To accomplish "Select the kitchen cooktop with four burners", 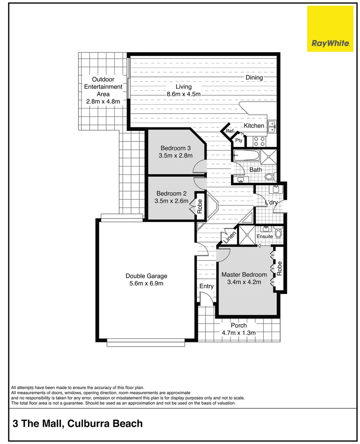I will click(x=259, y=141).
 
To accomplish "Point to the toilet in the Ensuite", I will click(x=278, y=234).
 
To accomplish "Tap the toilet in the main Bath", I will click(x=270, y=177).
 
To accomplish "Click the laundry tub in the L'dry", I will click(x=276, y=190).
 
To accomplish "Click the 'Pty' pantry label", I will click(x=238, y=141).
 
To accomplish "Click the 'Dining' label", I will click(x=254, y=77).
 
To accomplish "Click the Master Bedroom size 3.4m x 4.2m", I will click(x=244, y=282).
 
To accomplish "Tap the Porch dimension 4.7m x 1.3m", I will click(x=239, y=333).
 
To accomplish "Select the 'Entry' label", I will click(x=207, y=286).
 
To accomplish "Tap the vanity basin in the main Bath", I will click(x=240, y=180).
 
